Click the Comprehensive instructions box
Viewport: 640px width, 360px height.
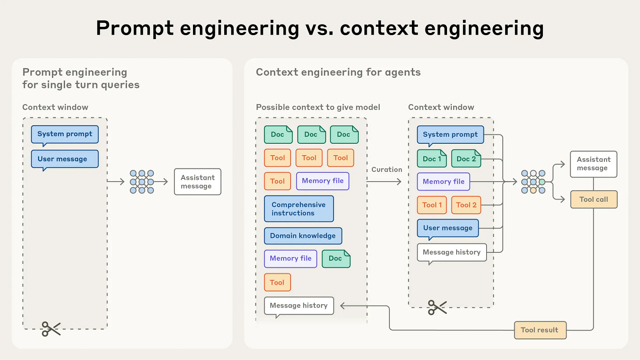click(x=298, y=209)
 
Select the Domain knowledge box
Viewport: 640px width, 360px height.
click(x=302, y=236)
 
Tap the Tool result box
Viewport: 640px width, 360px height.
click(x=540, y=330)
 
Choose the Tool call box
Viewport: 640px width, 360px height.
click(x=593, y=199)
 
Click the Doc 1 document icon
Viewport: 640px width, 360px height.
click(x=432, y=159)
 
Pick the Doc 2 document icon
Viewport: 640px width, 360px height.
click(x=466, y=159)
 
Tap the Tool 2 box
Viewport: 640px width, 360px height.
click(x=466, y=205)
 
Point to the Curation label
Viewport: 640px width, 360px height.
click(x=386, y=170)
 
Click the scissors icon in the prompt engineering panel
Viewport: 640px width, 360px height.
click(x=51, y=328)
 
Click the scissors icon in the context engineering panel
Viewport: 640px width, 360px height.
click(x=437, y=307)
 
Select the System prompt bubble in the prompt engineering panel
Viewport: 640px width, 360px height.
click(x=65, y=134)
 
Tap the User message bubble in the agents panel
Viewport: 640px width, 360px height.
click(x=447, y=228)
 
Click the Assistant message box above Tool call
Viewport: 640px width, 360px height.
click(x=593, y=164)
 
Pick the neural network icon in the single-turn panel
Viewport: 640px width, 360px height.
click(x=142, y=182)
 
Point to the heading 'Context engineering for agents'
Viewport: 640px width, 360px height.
click(x=338, y=72)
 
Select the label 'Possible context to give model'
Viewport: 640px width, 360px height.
click(x=318, y=107)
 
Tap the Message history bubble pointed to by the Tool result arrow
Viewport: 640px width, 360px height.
click(x=298, y=305)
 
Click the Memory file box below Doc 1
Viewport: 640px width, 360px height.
click(x=443, y=182)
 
